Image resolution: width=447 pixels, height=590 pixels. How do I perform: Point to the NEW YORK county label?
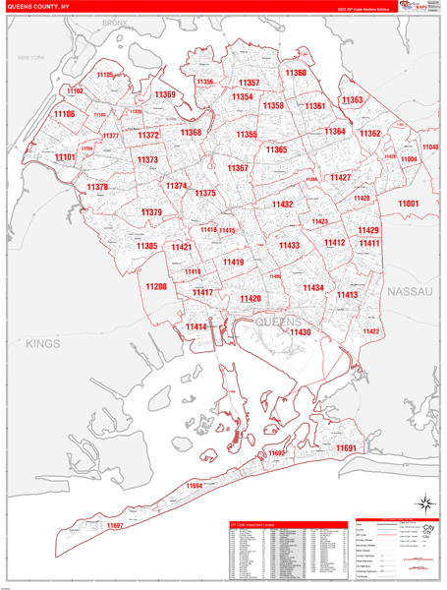(x=31, y=58)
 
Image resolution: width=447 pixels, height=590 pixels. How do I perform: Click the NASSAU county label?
(x=410, y=293)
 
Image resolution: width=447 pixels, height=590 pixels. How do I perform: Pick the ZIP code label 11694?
(x=193, y=486)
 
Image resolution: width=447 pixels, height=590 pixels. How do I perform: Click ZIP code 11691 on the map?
(x=346, y=447)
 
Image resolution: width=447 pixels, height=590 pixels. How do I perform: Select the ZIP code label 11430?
(x=300, y=333)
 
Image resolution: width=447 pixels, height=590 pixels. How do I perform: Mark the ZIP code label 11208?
(x=156, y=287)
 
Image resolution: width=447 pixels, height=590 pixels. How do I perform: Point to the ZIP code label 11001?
(x=408, y=204)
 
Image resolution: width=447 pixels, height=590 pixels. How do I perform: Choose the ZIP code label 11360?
(x=296, y=73)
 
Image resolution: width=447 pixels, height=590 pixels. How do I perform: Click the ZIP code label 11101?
(x=65, y=157)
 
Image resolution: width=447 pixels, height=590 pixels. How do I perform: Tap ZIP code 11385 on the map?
(x=146, y=246)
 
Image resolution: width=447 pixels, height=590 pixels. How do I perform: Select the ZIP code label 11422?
(x=371, y=331)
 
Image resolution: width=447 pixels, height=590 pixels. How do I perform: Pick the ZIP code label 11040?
(x=430, y=147)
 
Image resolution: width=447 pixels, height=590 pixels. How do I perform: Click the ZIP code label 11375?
(x=204, y=194)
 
